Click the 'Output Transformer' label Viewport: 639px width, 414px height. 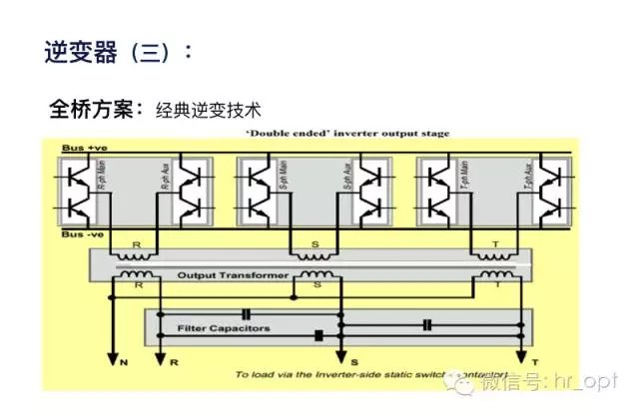(234, 274)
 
